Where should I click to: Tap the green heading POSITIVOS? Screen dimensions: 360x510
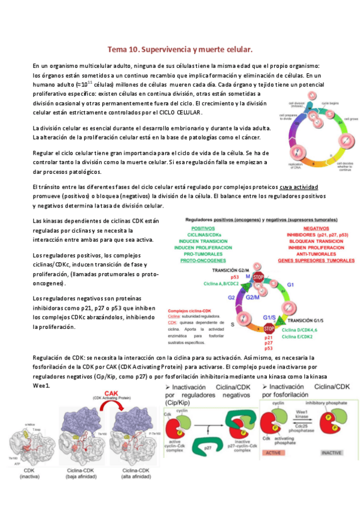(201, 229)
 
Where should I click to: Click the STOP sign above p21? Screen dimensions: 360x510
(269, 329)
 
